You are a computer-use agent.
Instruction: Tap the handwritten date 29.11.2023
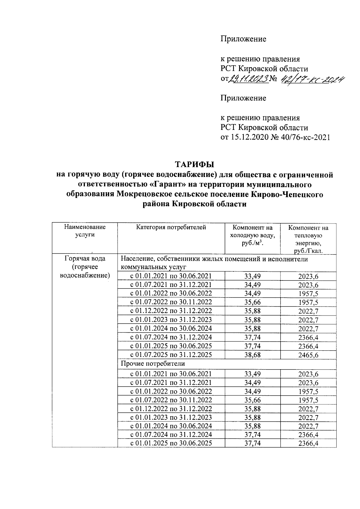(249, 79)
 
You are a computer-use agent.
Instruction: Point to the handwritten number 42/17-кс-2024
(312, 79)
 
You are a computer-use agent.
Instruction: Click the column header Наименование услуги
(85, 231)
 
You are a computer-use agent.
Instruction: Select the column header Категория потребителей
(171, 227)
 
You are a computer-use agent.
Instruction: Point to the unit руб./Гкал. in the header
(308, 251)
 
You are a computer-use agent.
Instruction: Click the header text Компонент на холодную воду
(253, 232)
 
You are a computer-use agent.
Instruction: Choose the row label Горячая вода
(85, 258)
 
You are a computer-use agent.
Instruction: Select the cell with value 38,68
(253, 355)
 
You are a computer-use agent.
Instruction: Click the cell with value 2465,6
(308, 355)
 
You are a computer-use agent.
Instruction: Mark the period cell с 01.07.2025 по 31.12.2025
(171, 355)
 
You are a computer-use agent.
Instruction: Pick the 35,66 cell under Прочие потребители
(253, 400)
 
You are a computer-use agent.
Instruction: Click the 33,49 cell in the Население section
(253, 276)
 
